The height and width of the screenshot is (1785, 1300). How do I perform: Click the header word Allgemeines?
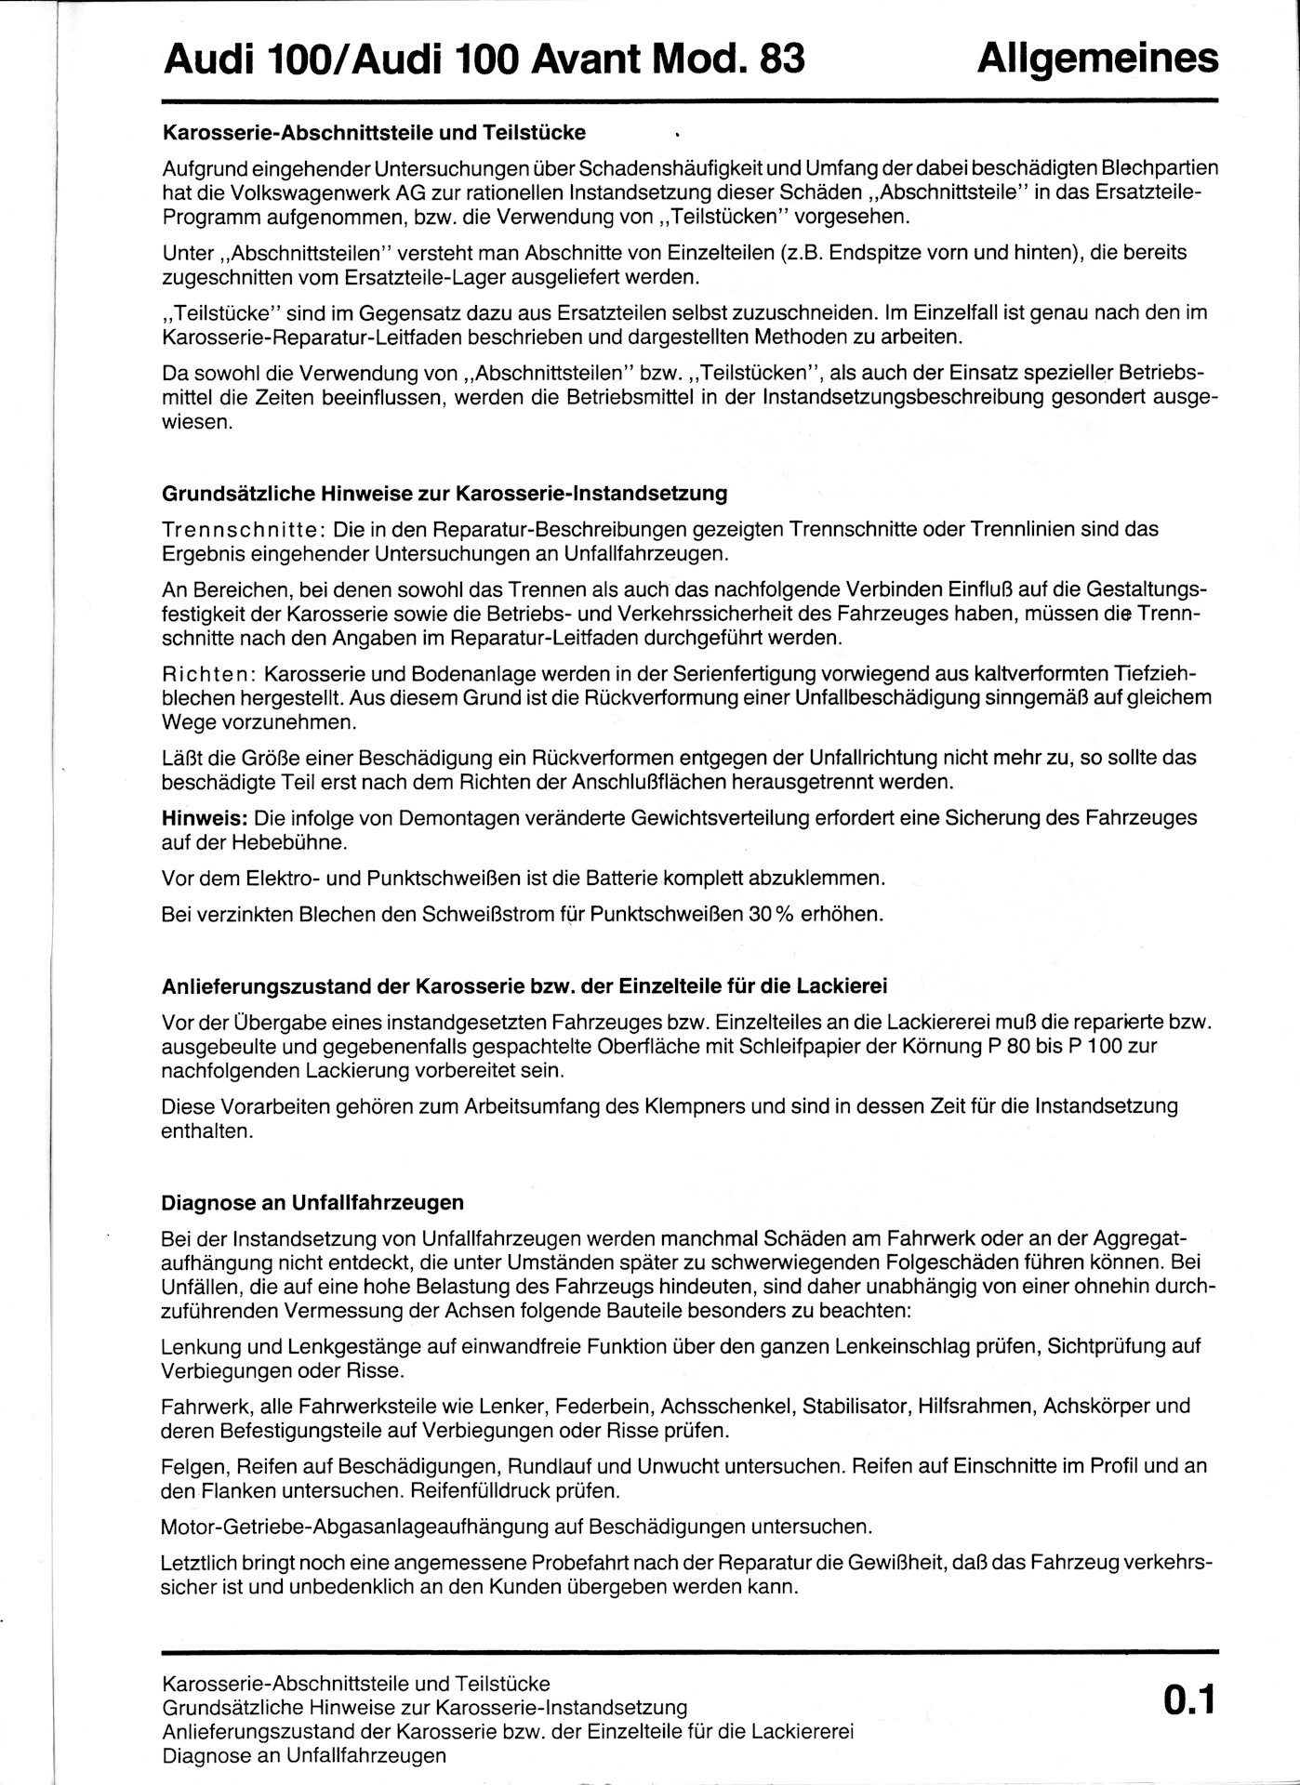(x=1097, y=58)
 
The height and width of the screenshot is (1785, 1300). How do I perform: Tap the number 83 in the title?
(x=782, y=59)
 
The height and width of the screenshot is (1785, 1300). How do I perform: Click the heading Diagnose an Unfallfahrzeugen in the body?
(x=312, y=1202)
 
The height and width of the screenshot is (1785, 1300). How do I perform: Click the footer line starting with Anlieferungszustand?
(x=508, y=1732)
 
